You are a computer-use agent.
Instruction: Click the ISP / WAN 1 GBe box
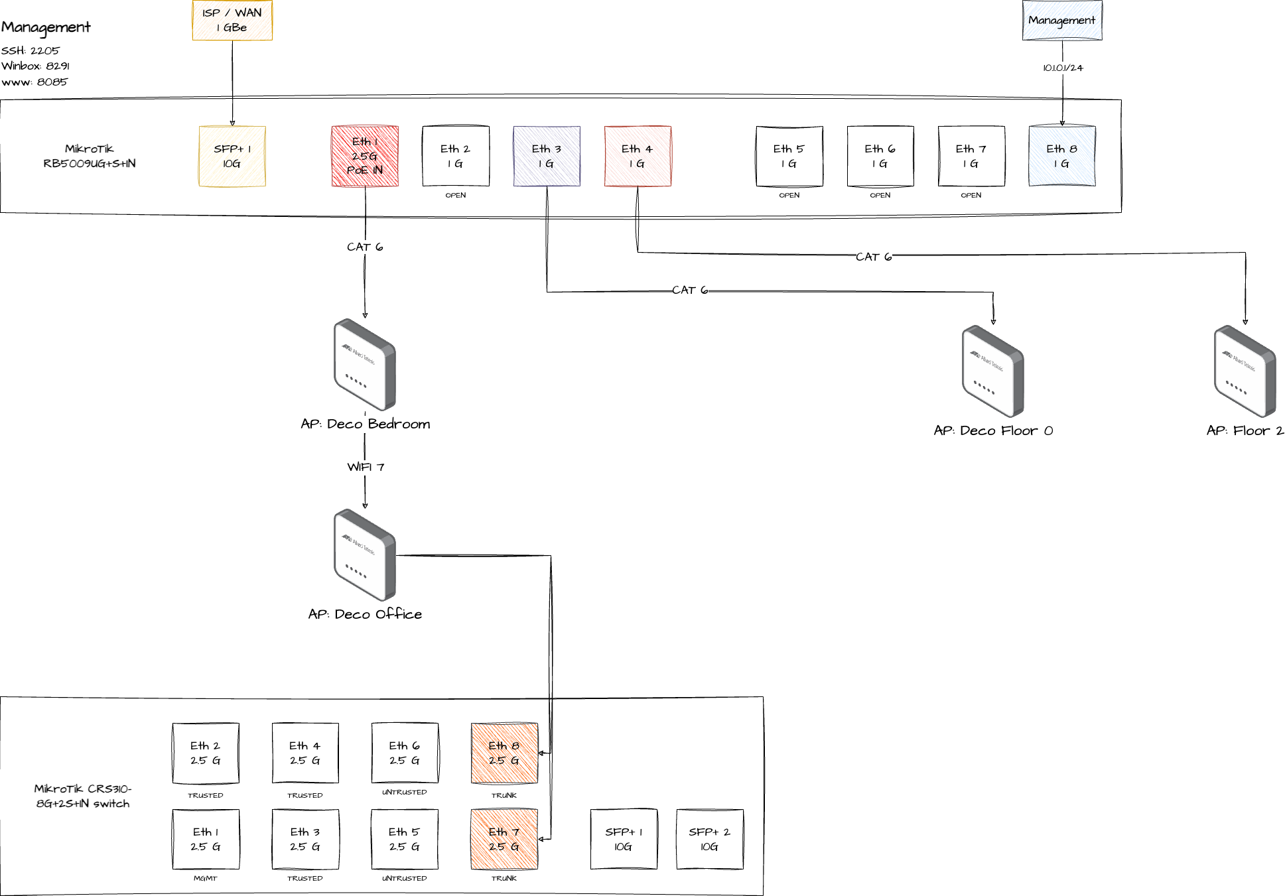click(x=232, y=20)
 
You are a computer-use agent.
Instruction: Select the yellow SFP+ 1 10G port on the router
click(x=232, y=156)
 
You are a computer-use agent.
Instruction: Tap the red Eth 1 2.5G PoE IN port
click(x=365, y=156)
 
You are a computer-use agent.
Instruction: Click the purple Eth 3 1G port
click(x=547, y=156)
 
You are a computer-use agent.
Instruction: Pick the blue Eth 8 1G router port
click(x=1061, y=156)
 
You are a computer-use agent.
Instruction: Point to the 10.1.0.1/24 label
click(x=1062, y=68)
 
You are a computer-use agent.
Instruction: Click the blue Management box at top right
click(x=1061, y=20)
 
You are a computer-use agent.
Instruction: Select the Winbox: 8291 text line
click(x=35, y=66)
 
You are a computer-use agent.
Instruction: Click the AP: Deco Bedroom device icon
click(x=365, y=364)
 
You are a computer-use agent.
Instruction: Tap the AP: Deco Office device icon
click(x=365, y=554)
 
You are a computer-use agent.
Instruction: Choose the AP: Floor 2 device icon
click(x=1245, y=371)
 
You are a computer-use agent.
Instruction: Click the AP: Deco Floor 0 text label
click(x=993, y=430)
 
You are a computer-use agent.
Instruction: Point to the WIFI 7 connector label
click(x=366, y=467)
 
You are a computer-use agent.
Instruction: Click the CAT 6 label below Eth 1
click(x=365, y=247)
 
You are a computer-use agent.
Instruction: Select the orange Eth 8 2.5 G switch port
click(x=504, y=753)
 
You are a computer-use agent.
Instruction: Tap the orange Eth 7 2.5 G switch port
click(x=504, y=839)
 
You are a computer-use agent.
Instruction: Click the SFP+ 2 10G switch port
click(x=709, y=839)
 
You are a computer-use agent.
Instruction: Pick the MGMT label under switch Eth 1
click(x=205, y=878)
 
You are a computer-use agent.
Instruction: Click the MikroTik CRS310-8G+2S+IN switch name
click(x=83, y=796)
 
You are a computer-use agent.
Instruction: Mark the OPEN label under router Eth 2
click(x=456, y=195)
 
